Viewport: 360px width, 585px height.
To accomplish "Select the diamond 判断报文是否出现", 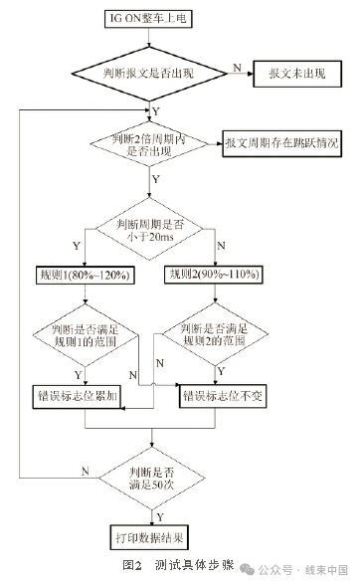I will click(151, 73).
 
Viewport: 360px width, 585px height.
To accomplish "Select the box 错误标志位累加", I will click(86, 395).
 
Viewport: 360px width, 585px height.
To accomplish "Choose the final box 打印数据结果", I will click(152, 537).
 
